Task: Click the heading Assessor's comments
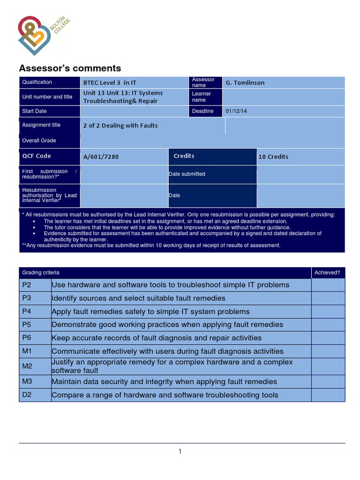(x=69, y=68)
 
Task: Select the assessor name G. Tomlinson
(x=245, y=82)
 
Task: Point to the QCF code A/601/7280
(x=101, y=157)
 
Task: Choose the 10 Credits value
(x=273, y=157)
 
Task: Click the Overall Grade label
(x=39, y=141)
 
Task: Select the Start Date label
(x=34, y=111)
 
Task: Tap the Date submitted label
(x=187, y=174)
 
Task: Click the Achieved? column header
(x=327, y=272)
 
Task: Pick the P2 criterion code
(x=26, y=285)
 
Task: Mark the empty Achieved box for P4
(x=328, y=312)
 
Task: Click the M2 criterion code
(x=27, y=366)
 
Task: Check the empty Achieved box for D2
(x=328, y=395)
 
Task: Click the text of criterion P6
(x=157, y=338)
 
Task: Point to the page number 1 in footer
(x=180, y=451)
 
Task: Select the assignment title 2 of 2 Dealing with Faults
(x=120, y=126)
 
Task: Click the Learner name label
(x=202, y=97)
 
